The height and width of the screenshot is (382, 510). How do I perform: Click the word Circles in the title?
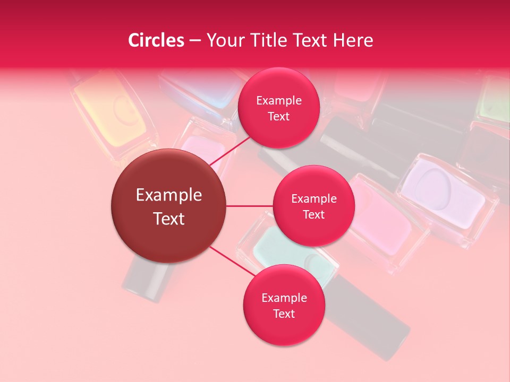156,40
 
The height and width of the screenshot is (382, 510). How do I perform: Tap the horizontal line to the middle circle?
250,206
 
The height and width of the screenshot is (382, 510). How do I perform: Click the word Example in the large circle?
169,195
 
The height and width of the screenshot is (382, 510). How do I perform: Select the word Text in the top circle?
278,116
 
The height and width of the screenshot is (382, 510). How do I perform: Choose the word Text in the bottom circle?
284,314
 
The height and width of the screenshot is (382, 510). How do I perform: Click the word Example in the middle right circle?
313,199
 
